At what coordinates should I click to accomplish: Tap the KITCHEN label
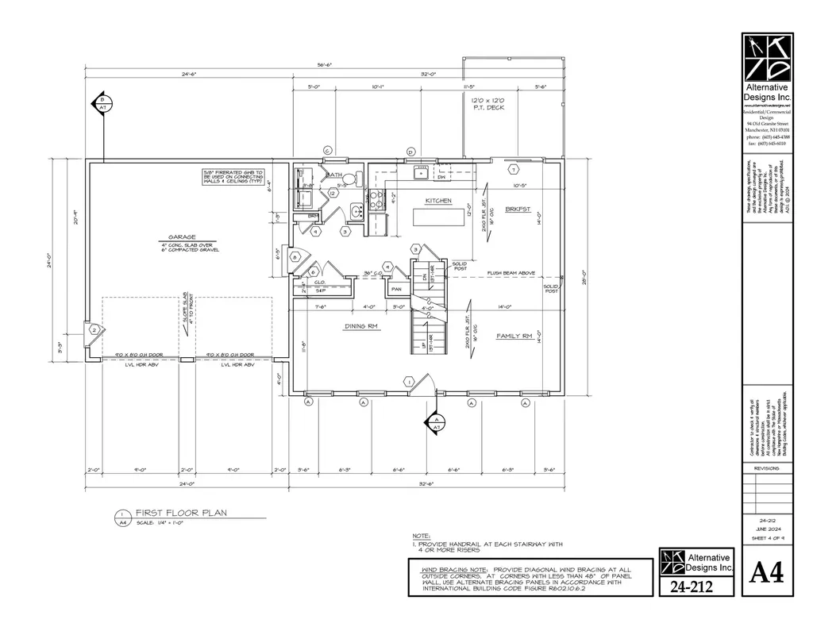[x=438, y=201]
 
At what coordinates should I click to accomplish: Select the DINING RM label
[x=360, y=326]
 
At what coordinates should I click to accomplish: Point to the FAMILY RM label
[x=514, y=337]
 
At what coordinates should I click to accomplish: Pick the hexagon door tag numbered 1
[x=409, y=382]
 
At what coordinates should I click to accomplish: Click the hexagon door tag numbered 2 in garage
[x=94, y=330]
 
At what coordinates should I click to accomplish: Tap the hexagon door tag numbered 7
[x=514, y=170]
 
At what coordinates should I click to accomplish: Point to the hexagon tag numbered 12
[x=333, y=194]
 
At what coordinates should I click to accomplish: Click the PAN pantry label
[x=396, y=290]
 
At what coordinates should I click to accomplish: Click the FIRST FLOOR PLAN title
[x=180, y=513]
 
